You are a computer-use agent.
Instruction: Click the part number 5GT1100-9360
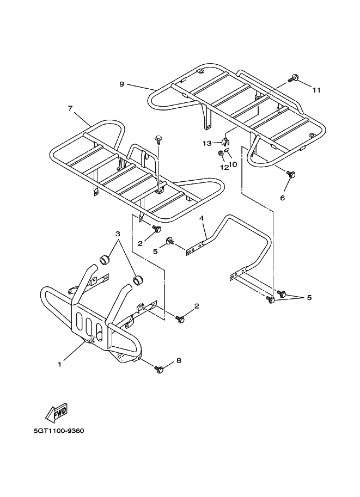tap(58, 437)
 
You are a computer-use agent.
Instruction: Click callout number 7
tap(70, 108)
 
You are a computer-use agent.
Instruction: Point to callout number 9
tap(121, 84)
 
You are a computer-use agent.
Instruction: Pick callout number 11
tap(316, 90)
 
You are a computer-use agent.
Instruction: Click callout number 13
tap(207, 143)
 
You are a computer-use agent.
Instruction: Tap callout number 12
tap(223, 167)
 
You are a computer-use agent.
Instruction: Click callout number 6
tap(282, 198)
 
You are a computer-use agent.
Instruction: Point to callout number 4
tap(202, 218)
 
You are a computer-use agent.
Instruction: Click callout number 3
tap(117, 234)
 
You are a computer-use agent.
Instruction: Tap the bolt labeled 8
tap(160, 370)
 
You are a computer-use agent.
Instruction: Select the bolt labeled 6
tap(291, 174)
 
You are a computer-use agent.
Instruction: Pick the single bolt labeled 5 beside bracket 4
tap(170, 241)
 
